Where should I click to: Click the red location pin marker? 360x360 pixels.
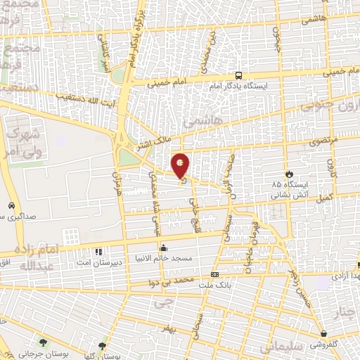click(181, 165)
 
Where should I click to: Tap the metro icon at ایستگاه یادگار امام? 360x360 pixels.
click(239, 75)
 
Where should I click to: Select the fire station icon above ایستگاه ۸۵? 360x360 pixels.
click(289, 173)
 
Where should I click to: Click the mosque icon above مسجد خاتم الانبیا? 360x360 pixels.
click(164, 247)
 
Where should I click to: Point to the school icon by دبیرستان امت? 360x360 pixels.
click(98, 251)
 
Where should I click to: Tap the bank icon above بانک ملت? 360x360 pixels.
click(214, 274)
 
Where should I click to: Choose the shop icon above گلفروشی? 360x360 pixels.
click(323, 334)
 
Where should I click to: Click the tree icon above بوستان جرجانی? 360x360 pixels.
click(44, 342)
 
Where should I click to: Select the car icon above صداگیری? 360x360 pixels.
click(11, 205)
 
